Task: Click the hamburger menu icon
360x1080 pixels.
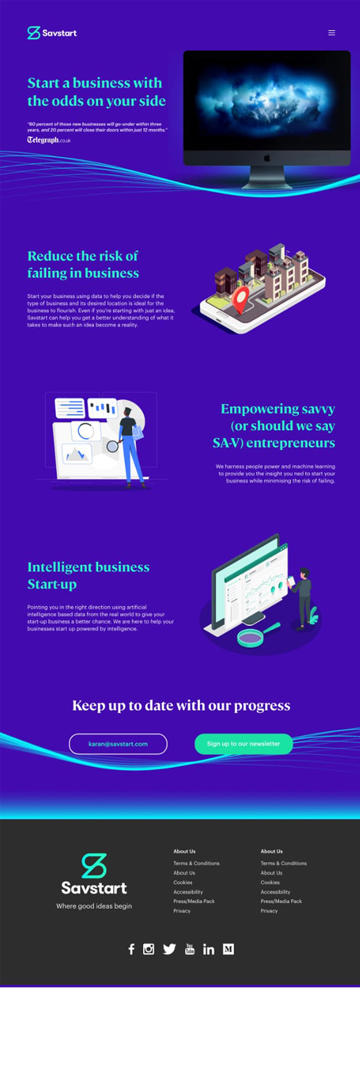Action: pyautogui.click(x=332, y=33)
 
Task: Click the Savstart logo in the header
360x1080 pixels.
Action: pyautogui.click(x=52, y=33)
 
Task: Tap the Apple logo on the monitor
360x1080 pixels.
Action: pyautogui.click(x=267, y=158)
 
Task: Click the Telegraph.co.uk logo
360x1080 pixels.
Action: pyautogui.click(x=49, y=140)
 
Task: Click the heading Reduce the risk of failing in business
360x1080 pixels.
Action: pyautogui.click(x=83, y=264)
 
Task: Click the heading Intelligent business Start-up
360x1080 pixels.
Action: pyautogui.click(x=88, y=576)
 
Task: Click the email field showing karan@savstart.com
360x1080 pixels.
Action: pyautogui.click(x=118, y=744)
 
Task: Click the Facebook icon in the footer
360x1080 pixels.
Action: pyautogui.click(x=131, y=949)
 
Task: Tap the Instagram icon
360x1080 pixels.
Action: pyautogui.click(x=148, y=949)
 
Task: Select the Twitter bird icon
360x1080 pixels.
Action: pyautogui.click(x=169, y=949)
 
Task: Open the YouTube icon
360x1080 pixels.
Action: pyautogui.click(x=190, y=949)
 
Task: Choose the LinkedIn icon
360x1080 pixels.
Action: pyautogui.click(x=208, y=949)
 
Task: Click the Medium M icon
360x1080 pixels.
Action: pyautogui.click(x=228, y=949)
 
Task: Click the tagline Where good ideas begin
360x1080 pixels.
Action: pyautogui.click(x=94, y=906)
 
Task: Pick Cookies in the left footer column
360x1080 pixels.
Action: pyautogui.click(x=183, y=882)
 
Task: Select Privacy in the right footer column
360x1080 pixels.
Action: pyautogui.click(x=269, y=911)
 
